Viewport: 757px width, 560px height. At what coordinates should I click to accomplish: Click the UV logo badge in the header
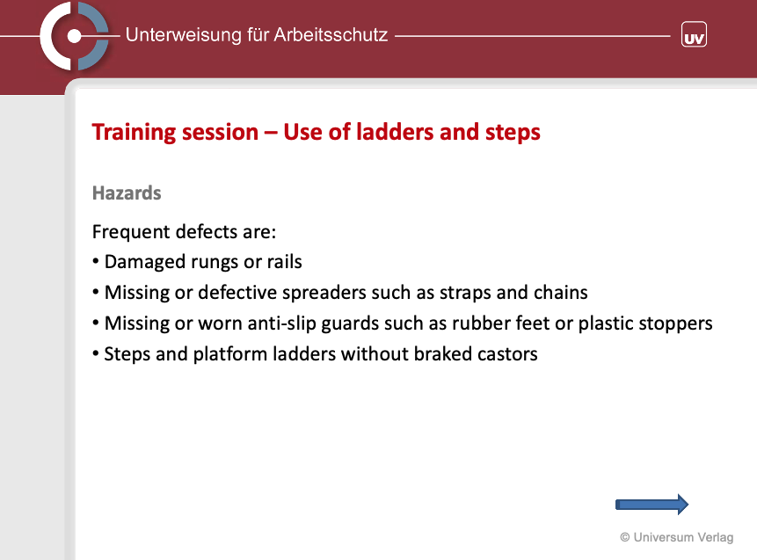click(694, 34)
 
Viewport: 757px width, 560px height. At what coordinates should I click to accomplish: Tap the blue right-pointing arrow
click(651, 505)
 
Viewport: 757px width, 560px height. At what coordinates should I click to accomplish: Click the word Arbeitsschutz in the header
click(331, 35)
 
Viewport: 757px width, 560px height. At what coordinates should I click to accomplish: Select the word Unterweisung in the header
click(184, 35)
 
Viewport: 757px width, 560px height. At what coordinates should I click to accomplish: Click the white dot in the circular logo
click(74, 36)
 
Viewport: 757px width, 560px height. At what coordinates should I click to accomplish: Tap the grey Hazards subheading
click(127, 193)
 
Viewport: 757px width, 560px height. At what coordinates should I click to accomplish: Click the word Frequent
click(131, 232)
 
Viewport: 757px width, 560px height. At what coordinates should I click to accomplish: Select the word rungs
click(215, 263)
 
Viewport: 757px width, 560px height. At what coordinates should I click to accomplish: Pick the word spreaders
click(326, 293)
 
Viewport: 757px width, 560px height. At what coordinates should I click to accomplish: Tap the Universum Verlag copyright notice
click(677, 537)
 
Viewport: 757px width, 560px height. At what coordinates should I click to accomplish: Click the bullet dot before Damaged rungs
click(96, 262)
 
